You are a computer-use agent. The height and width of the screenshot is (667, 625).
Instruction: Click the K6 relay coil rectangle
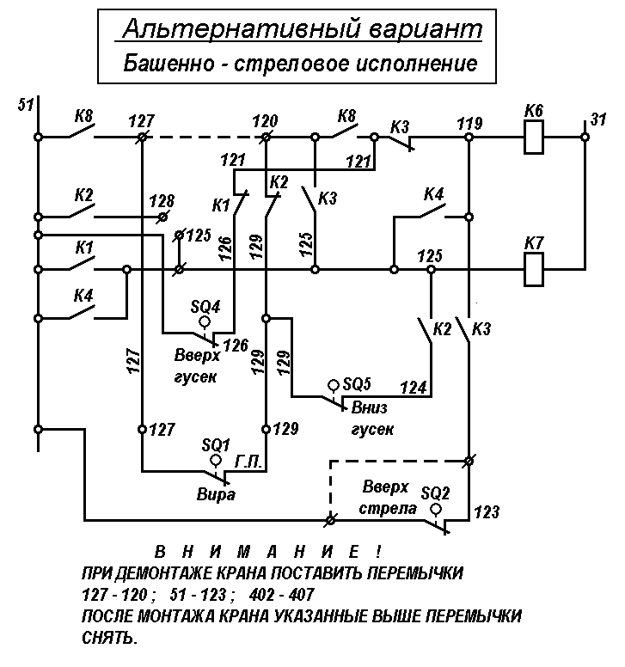pos(534,137)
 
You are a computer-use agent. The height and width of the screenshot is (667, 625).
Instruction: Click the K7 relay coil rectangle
pos(534,269)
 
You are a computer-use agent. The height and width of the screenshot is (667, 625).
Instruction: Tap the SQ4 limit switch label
pos(205,306)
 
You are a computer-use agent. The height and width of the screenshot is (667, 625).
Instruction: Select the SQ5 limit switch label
pos(357,384)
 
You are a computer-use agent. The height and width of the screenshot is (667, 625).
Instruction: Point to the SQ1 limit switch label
pos(216,445)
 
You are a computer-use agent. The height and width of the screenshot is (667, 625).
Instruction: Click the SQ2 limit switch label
pos(435,493)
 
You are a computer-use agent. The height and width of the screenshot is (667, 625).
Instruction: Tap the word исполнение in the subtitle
pos(416,64)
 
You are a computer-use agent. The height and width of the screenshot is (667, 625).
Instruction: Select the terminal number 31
pos(598,119)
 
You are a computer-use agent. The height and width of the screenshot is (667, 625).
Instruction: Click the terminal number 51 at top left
pos(26,104)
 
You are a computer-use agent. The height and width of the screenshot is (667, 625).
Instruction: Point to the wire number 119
pos(469,124)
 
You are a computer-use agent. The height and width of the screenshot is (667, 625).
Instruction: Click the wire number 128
pos(162,201)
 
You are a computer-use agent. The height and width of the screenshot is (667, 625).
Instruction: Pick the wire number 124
pos(414,388)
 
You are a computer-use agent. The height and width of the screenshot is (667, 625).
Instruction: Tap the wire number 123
pos(487,511)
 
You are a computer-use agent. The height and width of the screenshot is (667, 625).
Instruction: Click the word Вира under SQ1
pos(216,494)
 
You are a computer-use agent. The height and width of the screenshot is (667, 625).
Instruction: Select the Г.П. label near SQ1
pos(248,462)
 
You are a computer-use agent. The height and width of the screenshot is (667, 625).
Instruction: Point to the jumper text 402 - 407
pos(282,594)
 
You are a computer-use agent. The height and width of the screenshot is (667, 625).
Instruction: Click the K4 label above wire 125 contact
pos(433,194)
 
